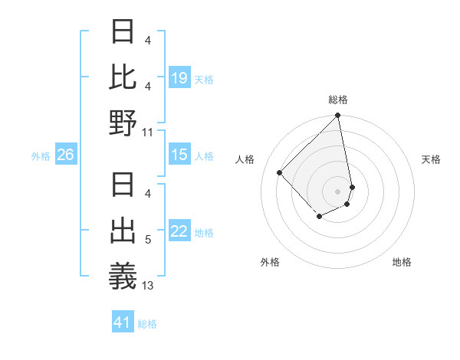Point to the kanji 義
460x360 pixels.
pyautogui.click(x=123, y=276)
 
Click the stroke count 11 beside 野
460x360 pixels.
pyautogui.click(x=148, y=132)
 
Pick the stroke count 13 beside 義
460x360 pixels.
pyautogui.click(x=148, y=286)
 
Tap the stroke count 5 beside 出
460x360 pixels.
pyautogui.click(x=148, y=240)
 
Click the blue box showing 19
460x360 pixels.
pyautogui.click(x=179, y=77)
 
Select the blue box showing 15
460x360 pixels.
pyautogui.click(x=179, y=155)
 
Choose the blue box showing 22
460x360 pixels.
pyautogui.click(x=179, y=231)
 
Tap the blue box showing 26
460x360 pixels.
pyautogui.click(x=65, y=155)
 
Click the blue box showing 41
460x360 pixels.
pyautogui.click(x=123, y=322)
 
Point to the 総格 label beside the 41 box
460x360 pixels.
pyautogui.click(x=148, y=324)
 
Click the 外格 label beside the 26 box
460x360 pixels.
pyautogui.click(x=41, y=156)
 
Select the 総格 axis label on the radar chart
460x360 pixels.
pyautogui.click(x=338, y=100)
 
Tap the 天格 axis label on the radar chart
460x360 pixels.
pyautogui.click(x=432, y=159)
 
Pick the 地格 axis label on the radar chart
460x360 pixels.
pyautogui.click(x=402, y=262)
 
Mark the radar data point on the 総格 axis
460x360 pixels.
pyautogui.click(x=338, y=116)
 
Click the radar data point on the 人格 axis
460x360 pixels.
pyautogui.click(x=280, y=172)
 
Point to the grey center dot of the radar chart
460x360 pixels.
pyautogui.click(x=338, y=191)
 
